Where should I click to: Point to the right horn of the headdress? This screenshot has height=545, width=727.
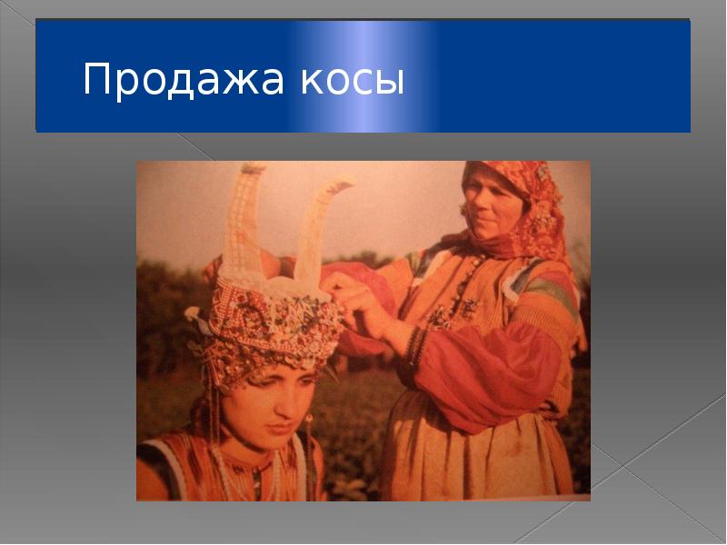318,227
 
